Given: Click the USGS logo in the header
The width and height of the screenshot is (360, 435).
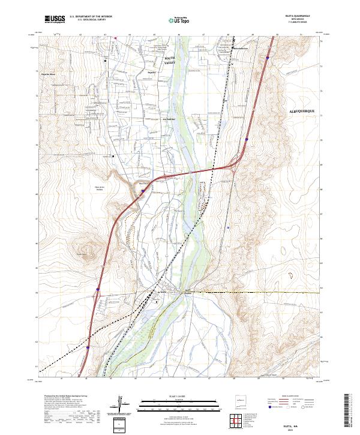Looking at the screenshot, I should [55, 20].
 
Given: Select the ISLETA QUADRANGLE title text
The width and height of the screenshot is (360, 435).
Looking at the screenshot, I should [301, 16].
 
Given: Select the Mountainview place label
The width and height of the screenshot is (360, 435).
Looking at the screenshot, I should [239, 48].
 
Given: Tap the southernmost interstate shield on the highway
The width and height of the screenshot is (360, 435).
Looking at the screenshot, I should [88, 346].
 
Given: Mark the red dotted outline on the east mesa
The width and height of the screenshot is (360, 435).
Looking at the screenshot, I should [292, 276].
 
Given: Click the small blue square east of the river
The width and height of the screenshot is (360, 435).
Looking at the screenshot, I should [229, 227].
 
